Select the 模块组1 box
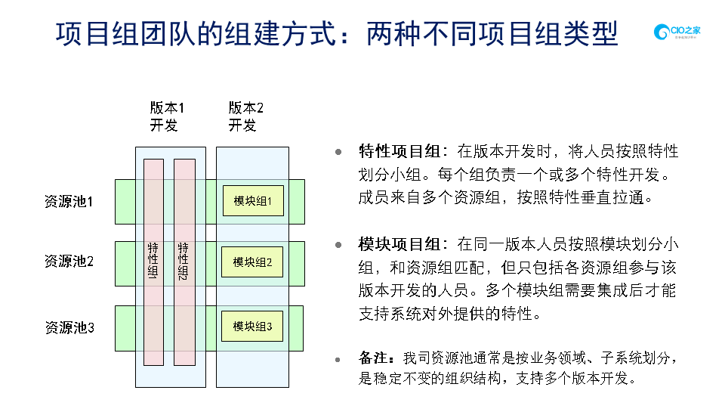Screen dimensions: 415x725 click(x=252, y=201)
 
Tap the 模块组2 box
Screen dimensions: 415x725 click(x=252, y=262)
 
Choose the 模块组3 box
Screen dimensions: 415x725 click(x=252, y=327)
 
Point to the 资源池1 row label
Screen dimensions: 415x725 click(x=69, y=202)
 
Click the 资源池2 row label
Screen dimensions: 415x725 click(x=69, y=262)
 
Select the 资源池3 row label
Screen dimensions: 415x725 click(x=69, y=327)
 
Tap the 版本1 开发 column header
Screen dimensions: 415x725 click(x=167, y=116)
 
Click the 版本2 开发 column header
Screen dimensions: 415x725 click(x=245, y=116)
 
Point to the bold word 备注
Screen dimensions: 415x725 click(x=375, y=357)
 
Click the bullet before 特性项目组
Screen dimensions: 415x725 click(x=338, y=151)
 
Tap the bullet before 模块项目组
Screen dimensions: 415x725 click(x=338, y=244)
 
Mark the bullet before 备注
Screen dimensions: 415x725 click(x=338, y=357)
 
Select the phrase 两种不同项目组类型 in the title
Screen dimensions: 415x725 click(x=492, y=33)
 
